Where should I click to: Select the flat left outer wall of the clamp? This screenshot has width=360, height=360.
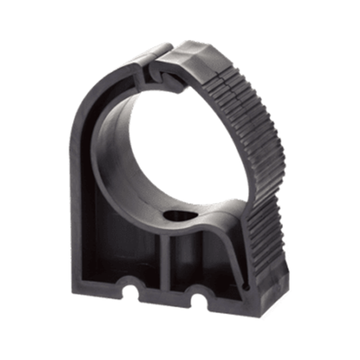pyautogui.click(x=87, y=193)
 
